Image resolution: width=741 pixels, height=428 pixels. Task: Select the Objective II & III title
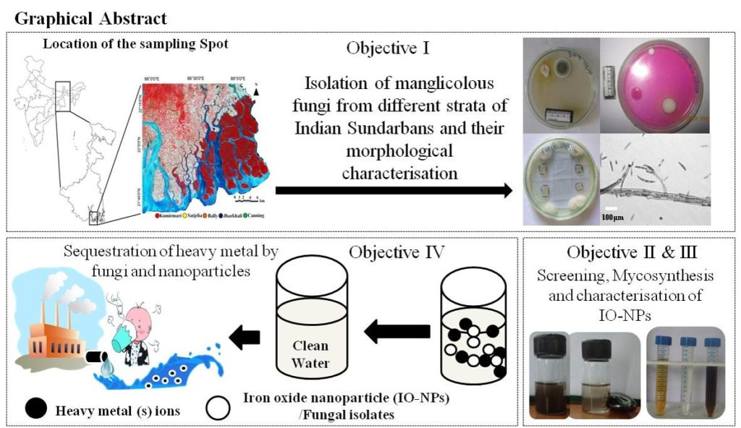coord(627,252)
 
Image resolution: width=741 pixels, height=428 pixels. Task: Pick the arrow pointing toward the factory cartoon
coord(247,335)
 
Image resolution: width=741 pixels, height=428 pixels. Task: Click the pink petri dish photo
coord(656,82)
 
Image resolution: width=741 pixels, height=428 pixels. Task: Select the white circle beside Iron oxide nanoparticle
coord(218,407)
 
